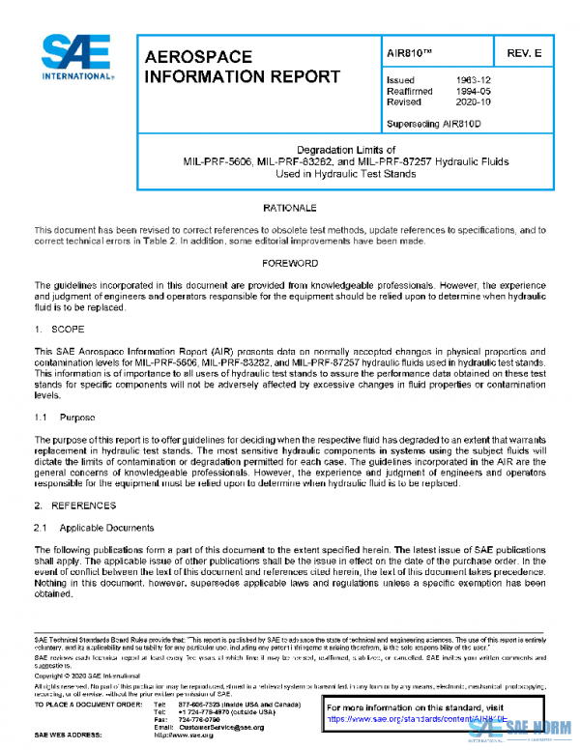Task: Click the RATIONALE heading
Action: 290,209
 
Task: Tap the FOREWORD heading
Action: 290,264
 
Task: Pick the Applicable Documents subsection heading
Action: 106,528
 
